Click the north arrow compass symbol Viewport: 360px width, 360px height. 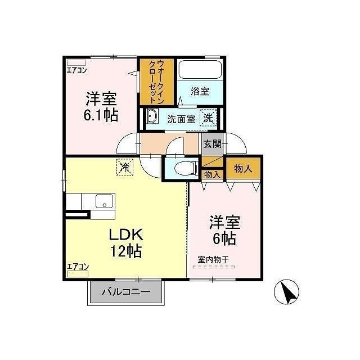[x=286, y=292]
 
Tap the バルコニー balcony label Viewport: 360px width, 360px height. [x=126, y=292]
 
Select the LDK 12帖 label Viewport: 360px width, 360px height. [x=126, y=242]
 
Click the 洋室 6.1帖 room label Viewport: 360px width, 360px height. [x=101, y=106]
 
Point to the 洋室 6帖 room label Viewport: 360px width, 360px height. [x=224, y=230]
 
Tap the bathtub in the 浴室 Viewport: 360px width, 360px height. [x=200, y=70]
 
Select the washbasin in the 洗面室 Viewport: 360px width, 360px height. [x=152, y=116]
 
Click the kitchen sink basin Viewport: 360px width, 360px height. [x=105, y=201]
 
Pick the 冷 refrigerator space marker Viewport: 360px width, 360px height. [x=125, y=168]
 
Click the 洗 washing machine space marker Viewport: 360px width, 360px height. [x=208, y=118]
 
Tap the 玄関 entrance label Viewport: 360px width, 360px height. [x=213, y=144]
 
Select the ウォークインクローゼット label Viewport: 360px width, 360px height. [x=156, y=82]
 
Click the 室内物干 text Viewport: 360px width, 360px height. [x=213, y=260]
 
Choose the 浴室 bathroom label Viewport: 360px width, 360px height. [x=200, y=91]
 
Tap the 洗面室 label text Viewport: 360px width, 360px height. [x=181, y=119]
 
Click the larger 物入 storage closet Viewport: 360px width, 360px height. [x=243, y=168]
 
